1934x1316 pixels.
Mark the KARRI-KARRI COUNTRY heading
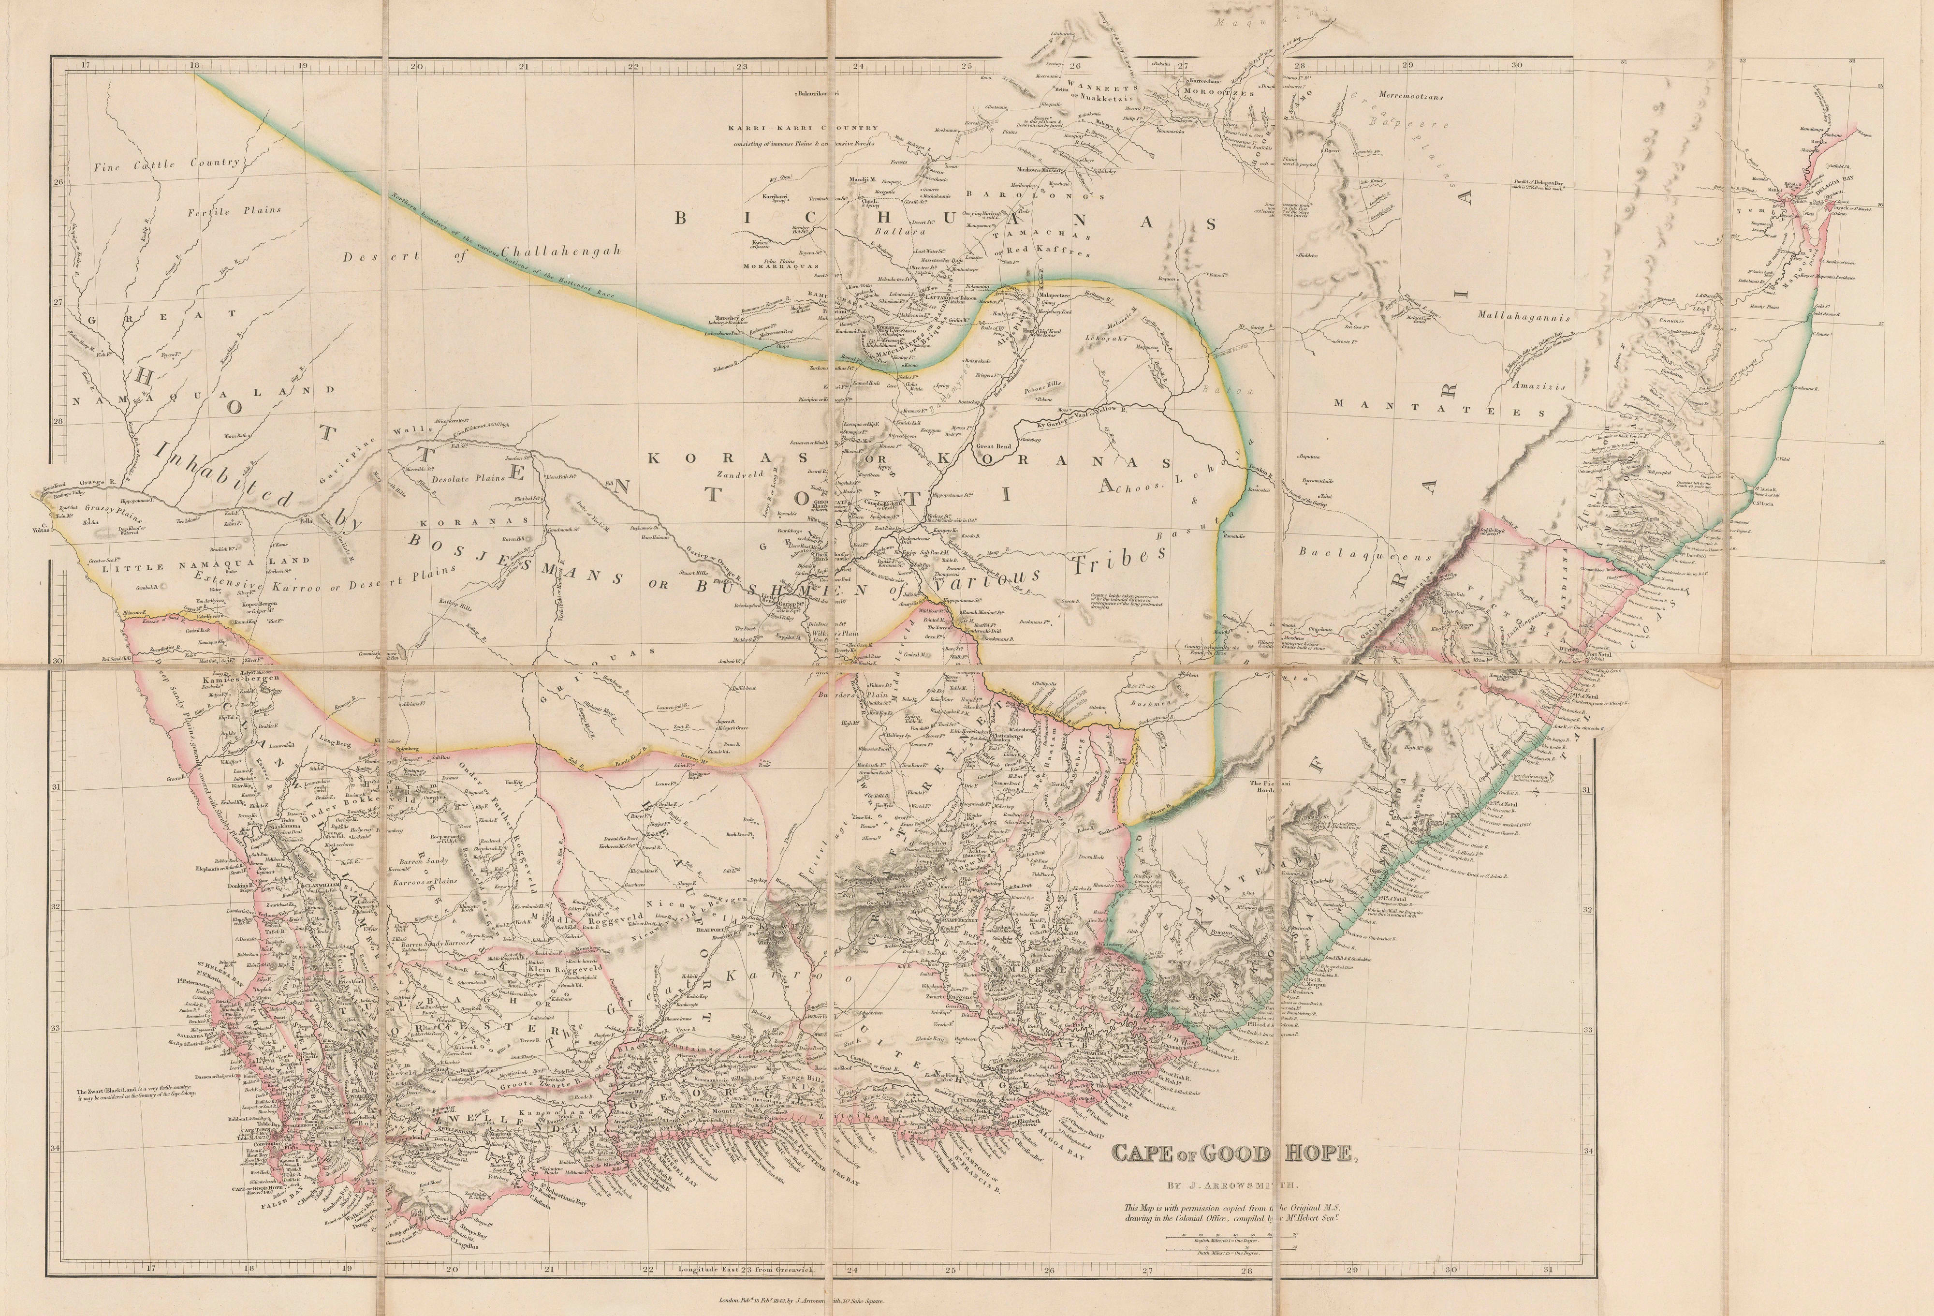(x=801, y=128)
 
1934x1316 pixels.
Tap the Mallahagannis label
(x=1523, y=317)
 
